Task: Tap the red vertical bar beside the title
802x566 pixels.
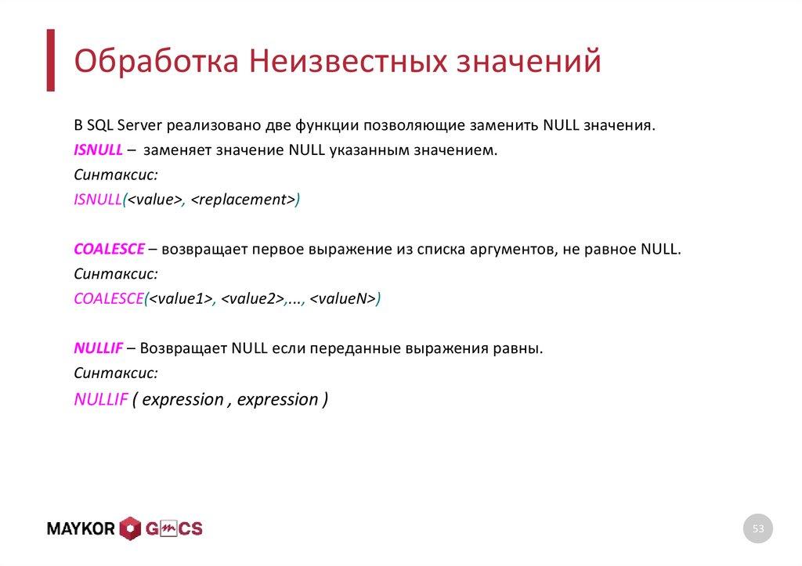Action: (x=50, y=60)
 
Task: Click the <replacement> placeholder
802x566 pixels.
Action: (x=242, y=200)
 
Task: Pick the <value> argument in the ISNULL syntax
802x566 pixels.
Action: (x=154, y=200)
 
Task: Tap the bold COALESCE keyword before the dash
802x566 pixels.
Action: (x=109, y=249)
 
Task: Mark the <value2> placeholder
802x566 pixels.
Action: (x=251, y=299)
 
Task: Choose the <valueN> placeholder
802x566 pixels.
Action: (x=342, y=299)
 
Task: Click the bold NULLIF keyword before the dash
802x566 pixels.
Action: (x=98, y=348)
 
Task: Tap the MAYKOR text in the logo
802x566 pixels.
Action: (x=81, y=529)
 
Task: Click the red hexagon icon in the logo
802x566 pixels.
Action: (x=130, y=529)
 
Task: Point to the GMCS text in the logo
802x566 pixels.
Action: (x=173, y=529)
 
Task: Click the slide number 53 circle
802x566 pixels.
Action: (x=757, y=529)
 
